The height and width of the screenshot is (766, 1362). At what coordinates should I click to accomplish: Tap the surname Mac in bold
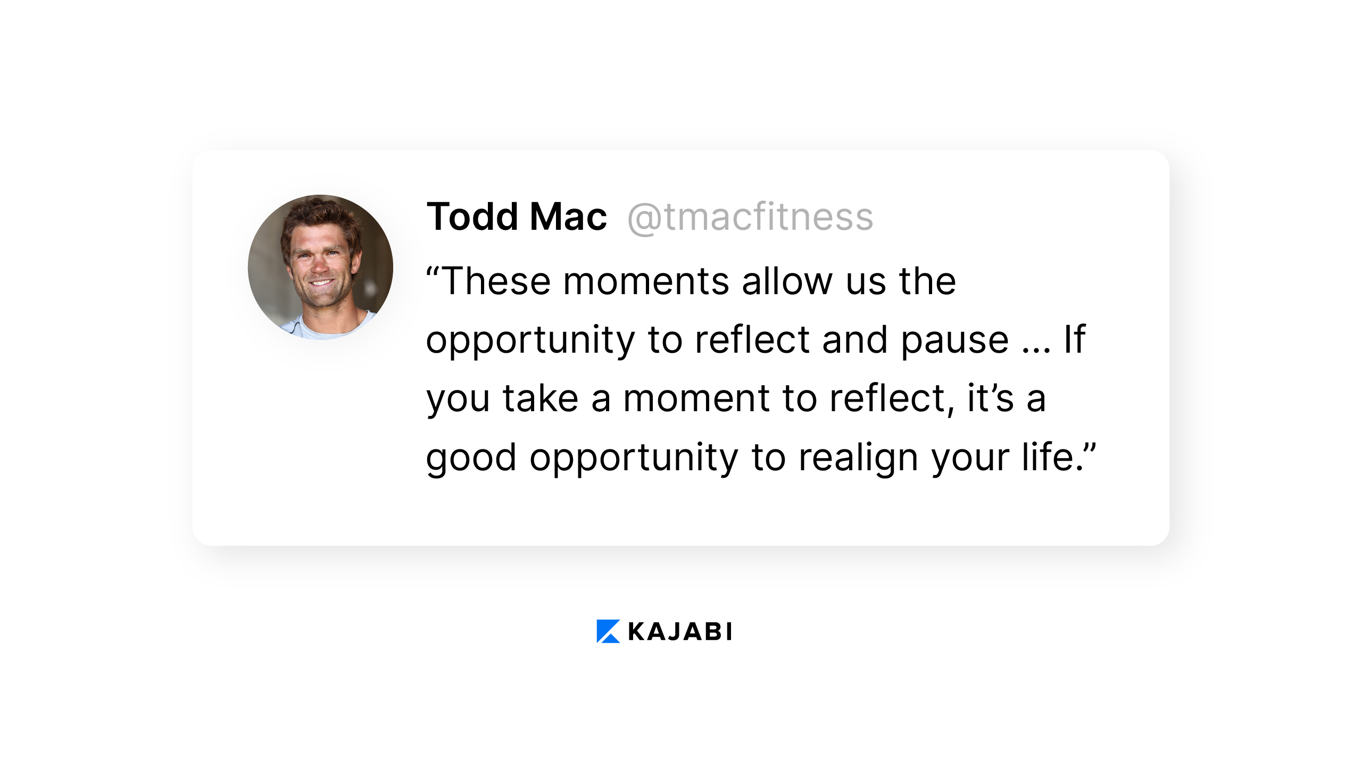tap(569, 217)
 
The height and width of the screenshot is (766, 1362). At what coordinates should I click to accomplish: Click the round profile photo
tap(320, 267)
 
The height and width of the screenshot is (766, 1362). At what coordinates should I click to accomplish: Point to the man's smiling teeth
tap(322, 282)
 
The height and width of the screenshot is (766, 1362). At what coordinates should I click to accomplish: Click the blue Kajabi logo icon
tap(608, 631)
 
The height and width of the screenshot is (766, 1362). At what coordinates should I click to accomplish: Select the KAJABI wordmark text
tap(680, 631)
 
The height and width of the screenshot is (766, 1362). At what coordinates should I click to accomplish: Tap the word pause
tap(954, 340)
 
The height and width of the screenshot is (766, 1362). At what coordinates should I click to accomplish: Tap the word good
tap(471, 457)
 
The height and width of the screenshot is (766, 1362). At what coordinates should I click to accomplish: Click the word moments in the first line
tap(646, 282)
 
